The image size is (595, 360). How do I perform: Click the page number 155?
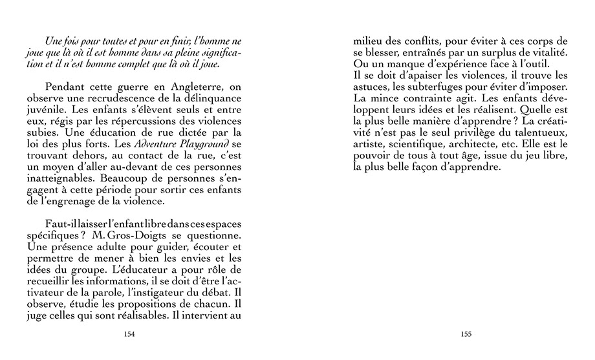pyautogui.click(x=466, y=334)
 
